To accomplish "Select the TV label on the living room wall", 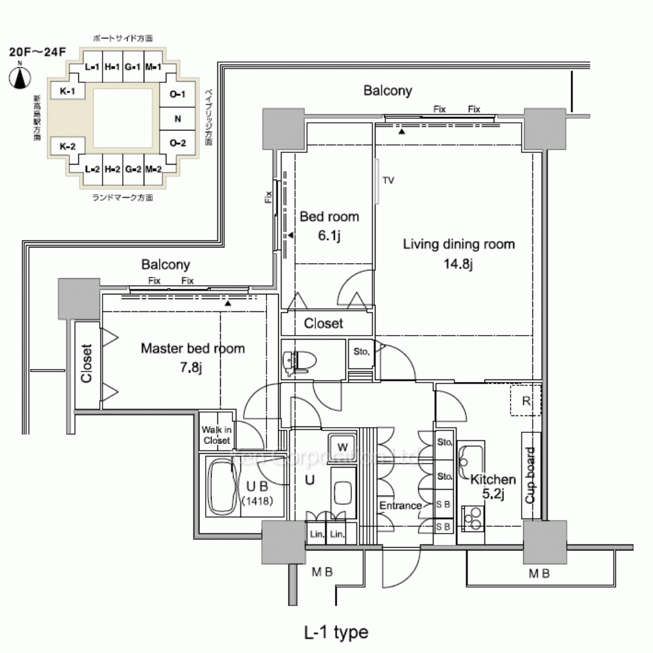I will (389, 180).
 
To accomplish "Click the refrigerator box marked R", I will (526, 401).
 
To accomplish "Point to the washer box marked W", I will (343, 447).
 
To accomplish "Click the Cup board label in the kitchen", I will (531, 475).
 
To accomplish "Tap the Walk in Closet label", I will (216, 435).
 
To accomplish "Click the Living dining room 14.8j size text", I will (458, 264).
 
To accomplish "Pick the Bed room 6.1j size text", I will (329, 236).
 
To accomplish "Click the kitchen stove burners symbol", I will (472, 518).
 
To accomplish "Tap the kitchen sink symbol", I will (470, 455).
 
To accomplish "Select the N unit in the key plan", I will (178, 119).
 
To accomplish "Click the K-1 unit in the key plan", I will (68, 91).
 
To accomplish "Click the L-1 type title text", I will (336, 632).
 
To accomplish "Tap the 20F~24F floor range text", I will (37, 52).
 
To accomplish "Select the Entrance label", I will (400, 505).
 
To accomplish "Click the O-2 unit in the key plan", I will (178, 143).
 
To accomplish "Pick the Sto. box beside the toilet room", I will (361, 351).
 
